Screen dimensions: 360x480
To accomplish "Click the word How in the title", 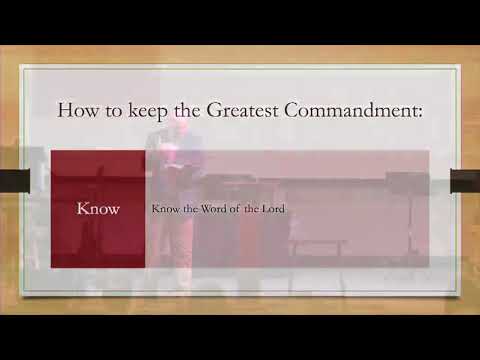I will (77, 109).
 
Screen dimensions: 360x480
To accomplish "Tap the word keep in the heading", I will (147, 110).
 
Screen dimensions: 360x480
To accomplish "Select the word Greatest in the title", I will (251, 109).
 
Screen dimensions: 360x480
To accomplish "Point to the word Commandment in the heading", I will (360, 109).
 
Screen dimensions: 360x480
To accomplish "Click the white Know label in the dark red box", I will (98, 209).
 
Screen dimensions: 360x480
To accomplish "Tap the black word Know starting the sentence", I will (165, 209).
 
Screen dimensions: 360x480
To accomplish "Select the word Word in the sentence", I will (217, 209).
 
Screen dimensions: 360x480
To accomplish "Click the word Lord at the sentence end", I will (272, 209).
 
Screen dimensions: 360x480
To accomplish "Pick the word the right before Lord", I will (255, 209).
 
